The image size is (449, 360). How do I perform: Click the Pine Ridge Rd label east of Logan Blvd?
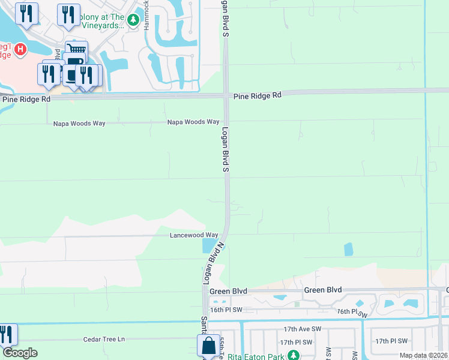click(x=257, y=95)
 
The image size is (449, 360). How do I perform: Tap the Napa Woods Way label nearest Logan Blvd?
click(x=193, y=122)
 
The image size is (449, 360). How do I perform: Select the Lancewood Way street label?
click(x=194, y=235)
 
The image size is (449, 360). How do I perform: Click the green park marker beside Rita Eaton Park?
click(x=293, y=355)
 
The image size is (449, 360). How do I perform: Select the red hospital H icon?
click(x=20, y=49)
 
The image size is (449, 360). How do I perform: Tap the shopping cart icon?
click(x=76, y=50)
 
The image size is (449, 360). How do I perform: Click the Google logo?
click(x=20, y=353)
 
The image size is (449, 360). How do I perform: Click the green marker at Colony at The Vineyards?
click(x=133, y=21)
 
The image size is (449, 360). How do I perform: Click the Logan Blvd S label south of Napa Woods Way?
click(x=226, y=150)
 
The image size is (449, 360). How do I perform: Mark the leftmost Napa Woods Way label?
click(x=79, y=123)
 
